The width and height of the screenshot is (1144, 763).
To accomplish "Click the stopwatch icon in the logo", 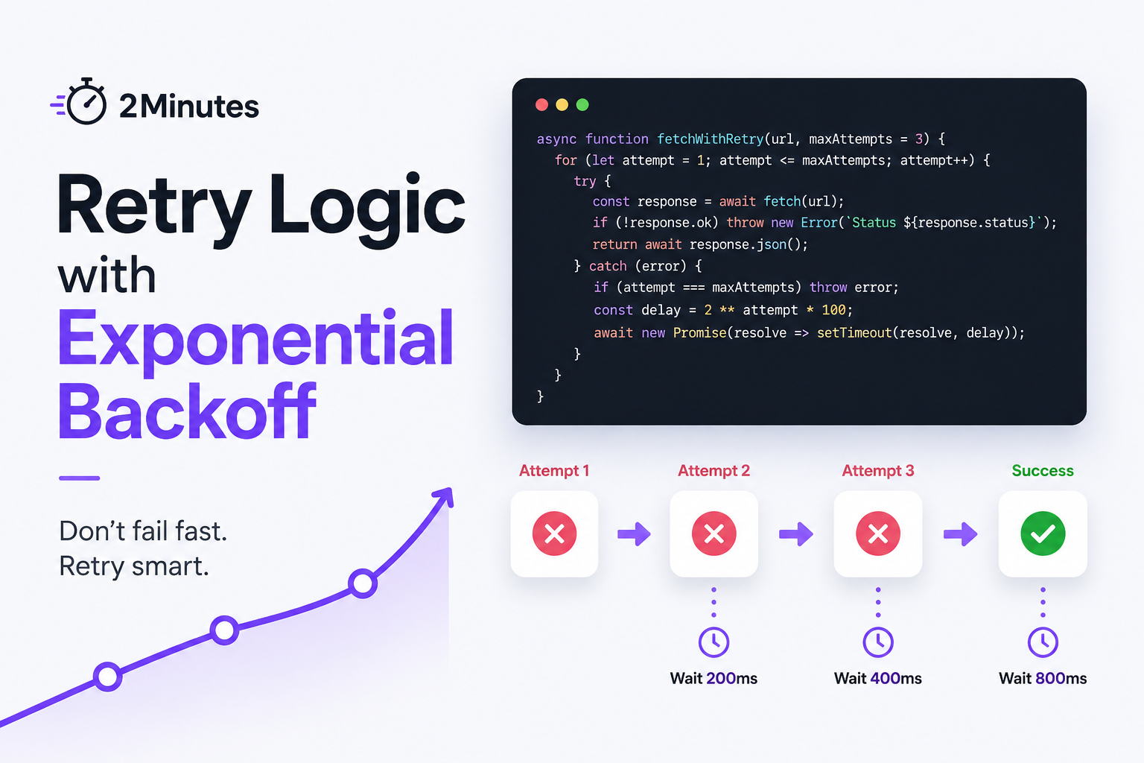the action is (86, 101).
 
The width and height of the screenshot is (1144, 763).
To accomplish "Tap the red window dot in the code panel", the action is (542, 105).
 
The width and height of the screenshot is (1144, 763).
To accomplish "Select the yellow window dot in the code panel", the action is (562, 105).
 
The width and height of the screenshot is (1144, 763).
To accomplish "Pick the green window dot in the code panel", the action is (582, 105).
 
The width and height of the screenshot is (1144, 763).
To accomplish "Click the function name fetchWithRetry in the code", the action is (710, 139).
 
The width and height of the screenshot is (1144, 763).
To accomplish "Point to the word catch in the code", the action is (608, 266).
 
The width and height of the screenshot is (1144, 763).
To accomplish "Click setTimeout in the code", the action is (854, 333).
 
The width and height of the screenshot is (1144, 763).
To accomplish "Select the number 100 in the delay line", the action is (833, 310).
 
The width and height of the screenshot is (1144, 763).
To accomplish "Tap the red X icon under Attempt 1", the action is (555, 534).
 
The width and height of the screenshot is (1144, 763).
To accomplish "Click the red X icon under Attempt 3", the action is (878, 534).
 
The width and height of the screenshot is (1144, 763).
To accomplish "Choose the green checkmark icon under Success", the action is (1043, 534).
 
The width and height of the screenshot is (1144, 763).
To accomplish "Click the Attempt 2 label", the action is (714, 471).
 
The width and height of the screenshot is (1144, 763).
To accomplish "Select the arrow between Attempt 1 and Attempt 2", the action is (634, 534).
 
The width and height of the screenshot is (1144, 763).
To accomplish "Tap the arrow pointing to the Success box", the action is (960, 534).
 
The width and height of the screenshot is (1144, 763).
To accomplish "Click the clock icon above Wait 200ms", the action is (714, 642).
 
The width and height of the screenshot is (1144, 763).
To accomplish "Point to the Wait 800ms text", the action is (1043, 679).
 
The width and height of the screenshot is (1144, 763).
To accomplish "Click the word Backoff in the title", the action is (187, 411).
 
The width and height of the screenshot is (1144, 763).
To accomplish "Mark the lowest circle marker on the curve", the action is (107, 677).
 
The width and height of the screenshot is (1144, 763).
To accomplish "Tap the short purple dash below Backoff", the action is (79, 478).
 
